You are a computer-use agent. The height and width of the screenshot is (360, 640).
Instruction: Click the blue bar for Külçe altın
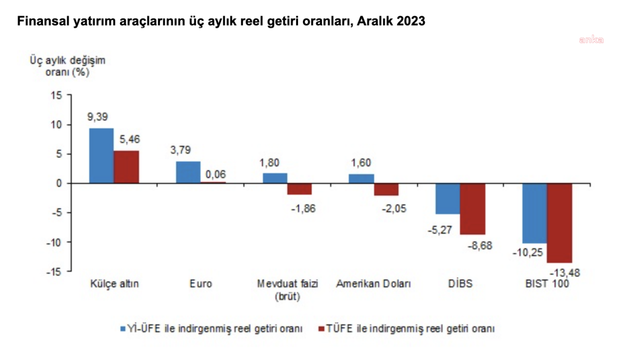pos(101,156)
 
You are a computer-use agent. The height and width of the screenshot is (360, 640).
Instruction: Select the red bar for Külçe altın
pos(126,167)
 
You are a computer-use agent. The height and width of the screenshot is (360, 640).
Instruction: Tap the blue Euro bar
pos(188,172)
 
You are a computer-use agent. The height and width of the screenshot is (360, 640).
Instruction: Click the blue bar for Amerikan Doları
pos(361,178)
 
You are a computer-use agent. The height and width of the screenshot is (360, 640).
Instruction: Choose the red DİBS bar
pos(473,209)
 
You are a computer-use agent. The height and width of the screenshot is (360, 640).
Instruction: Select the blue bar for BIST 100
pos(534,213)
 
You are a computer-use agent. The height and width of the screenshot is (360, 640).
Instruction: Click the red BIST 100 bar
pos(559,223)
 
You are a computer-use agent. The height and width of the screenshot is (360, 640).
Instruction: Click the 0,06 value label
pos(216,174)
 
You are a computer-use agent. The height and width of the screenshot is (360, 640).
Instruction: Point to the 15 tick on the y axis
pos(59,95)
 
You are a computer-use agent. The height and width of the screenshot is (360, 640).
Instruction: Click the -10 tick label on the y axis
pos(57,242)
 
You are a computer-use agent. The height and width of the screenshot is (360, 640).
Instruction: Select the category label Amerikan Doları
pos(373,284)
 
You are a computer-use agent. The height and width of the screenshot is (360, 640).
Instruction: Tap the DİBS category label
pos(460,284)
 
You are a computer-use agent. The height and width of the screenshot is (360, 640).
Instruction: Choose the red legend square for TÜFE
pos(321,328)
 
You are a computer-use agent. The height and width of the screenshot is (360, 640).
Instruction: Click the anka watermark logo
pos(591,40)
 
